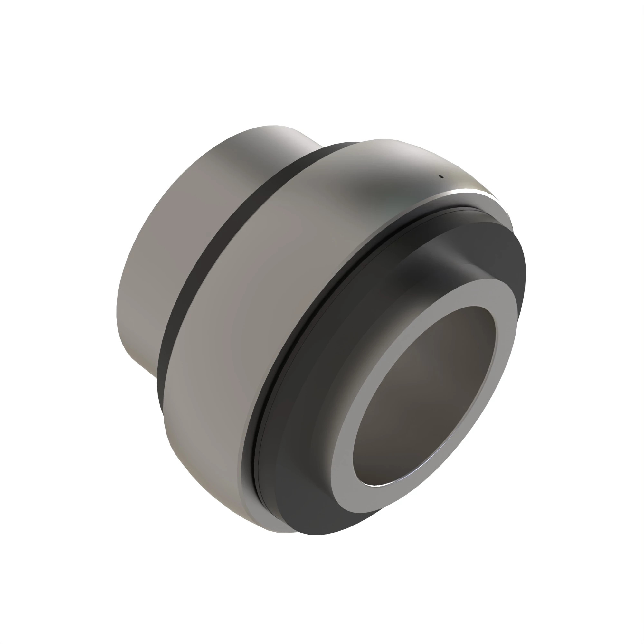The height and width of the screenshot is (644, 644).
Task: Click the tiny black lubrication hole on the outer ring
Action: click(x=442, y=177)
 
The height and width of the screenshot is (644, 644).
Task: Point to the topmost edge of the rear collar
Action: click(x=273, y=126)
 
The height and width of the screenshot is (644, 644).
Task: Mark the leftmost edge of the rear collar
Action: click(x=117, y=310)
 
